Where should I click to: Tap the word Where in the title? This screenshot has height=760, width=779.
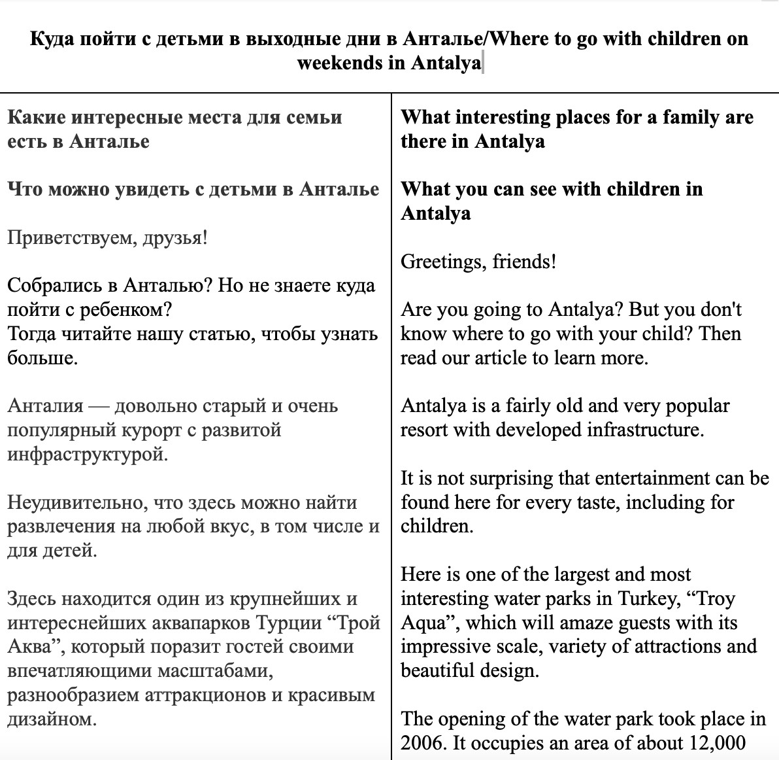pyautogui.click(x=520, y=39)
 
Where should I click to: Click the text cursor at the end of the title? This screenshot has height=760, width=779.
pyautogui.click(x=482, y=63)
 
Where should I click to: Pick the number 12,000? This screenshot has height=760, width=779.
pyautogui.click(x=718, y=743)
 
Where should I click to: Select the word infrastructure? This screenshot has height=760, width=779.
pyautogui.click(x=644, y=430)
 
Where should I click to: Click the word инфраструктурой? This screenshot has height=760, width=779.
pyautogui.click(x=87, y=454)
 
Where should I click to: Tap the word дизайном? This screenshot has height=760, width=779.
pyautogui.click(x=51, y=719)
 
